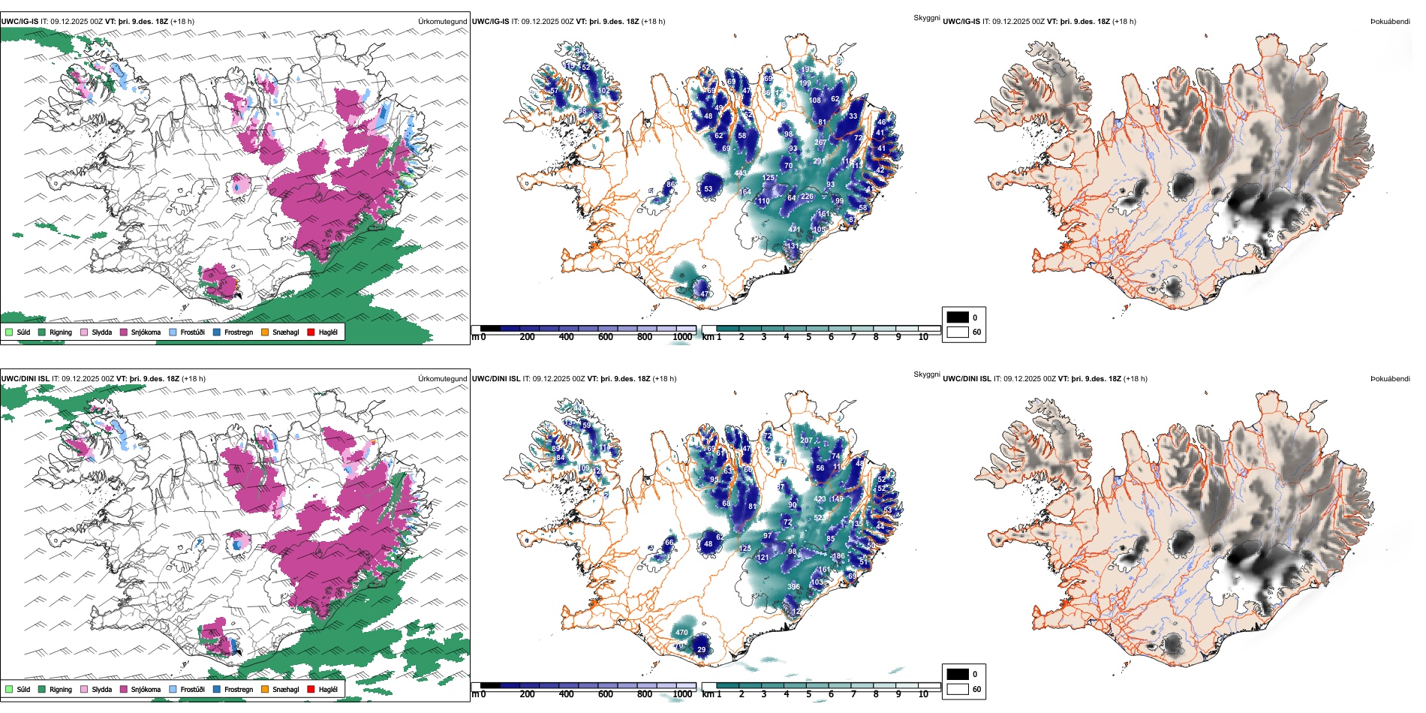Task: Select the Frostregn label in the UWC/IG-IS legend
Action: click(238, 332)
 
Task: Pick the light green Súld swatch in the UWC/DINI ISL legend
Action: click(9, 689)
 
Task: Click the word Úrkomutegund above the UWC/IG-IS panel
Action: click(442, 22)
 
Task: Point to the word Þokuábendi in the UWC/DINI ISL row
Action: click(1390, 379)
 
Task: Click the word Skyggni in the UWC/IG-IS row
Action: click(926, 18)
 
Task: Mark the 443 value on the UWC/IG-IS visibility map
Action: click(740, 173)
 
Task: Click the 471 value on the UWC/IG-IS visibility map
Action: click(795, 230)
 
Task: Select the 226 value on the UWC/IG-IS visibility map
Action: click(807, 197)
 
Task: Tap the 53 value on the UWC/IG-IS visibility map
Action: click(708, 189)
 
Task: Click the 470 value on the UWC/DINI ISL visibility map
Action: click(681, 633)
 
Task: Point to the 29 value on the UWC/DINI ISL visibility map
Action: click(702, 650)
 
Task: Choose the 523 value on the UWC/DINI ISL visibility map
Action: click(820, 518)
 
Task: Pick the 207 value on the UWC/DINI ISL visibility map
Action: click(806, 441)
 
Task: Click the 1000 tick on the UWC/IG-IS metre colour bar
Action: click(682, 337)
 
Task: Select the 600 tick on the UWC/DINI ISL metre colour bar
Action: click(605, 694)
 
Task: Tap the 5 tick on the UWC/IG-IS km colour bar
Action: click(808, 337)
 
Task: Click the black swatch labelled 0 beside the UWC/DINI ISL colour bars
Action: click(958, 674)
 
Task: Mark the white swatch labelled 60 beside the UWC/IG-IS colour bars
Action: click(958, 332)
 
